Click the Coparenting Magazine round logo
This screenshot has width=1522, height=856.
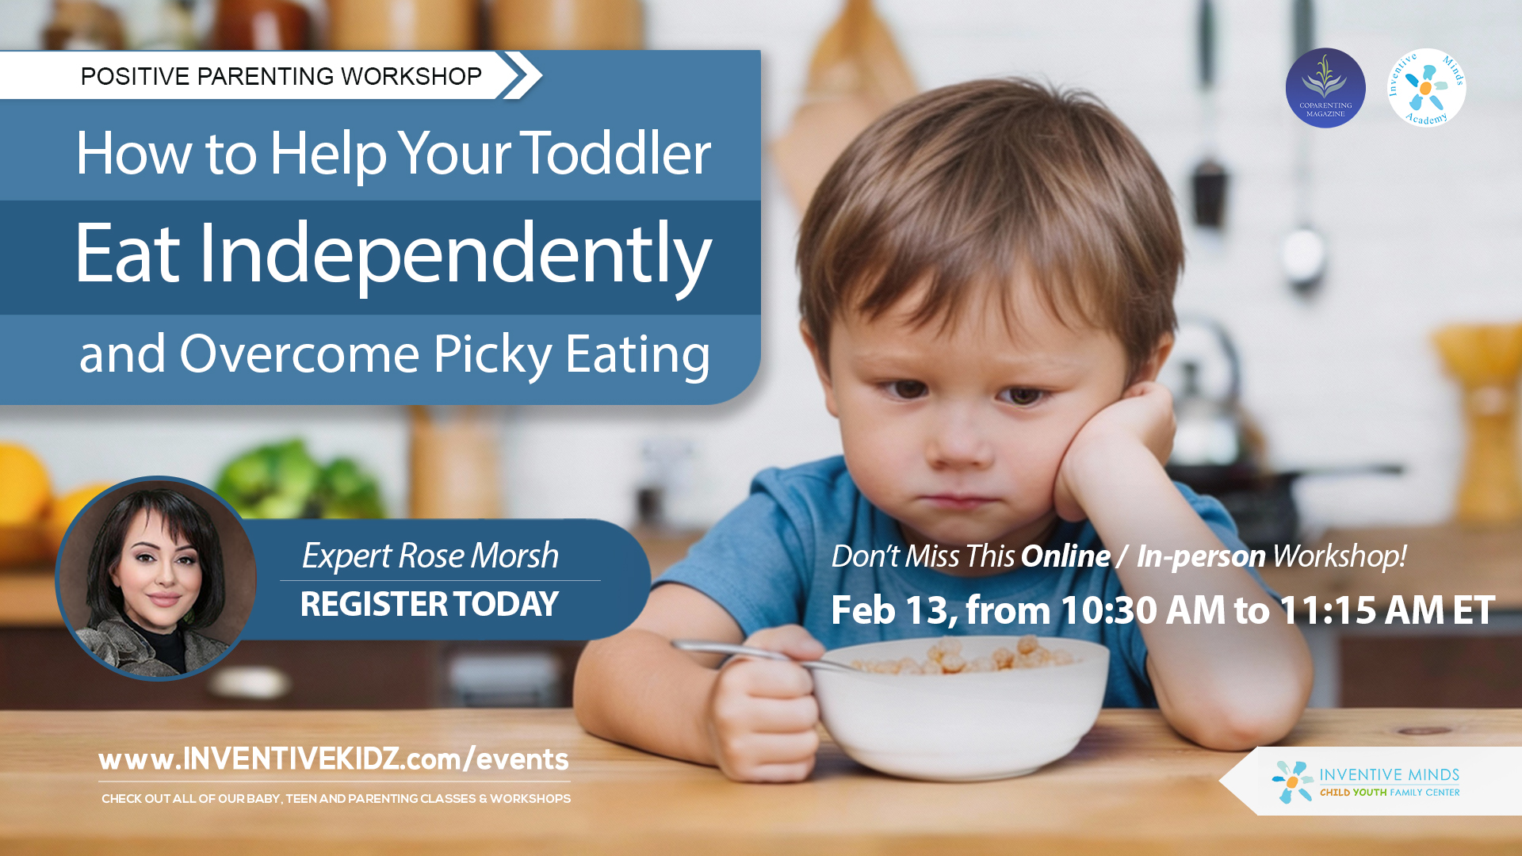[x=1325, y=88]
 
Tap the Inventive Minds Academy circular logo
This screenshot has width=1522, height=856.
[x=1426, y=88]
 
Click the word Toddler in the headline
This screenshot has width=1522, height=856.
[x=615, y=153]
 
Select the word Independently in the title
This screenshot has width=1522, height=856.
[x=455, y=254]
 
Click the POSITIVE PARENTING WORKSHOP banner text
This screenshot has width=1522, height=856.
[x=281, y=76]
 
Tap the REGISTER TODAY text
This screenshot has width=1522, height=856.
[x=430, y=605]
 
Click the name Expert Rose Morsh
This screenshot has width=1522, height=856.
[x=430, y=556]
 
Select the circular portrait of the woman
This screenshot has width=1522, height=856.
[x=157, y=578]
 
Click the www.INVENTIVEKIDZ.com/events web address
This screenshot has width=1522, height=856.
[x=334, y=759]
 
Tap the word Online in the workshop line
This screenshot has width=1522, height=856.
[x=1065, y=556]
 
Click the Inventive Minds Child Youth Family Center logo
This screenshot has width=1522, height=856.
[x=1366, y=781]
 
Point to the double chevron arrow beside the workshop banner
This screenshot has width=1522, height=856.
[x=520, y=75]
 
